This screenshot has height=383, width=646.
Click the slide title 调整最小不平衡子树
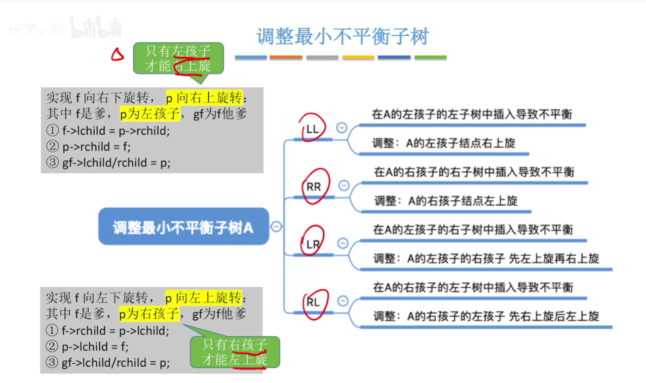[x=343, y=36]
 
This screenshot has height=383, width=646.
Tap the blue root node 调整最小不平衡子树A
[x=183, y=227]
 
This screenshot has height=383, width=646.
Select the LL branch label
[x=313, y=129]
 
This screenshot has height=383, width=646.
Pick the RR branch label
[x=314, y=186]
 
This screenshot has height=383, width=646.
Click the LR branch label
[x=313, y=244]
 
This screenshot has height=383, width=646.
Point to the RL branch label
[x=313, y=302]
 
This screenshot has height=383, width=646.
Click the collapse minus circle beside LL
[x=341, y=128]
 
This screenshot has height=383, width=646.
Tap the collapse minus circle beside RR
[x=344, y=185]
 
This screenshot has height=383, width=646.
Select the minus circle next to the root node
[x=276, y=226]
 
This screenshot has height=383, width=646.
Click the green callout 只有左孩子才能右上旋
[x=178, y=58]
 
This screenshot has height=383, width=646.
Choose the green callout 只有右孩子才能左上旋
[x=235, y=352]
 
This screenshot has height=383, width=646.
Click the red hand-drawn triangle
[x=117, y=54]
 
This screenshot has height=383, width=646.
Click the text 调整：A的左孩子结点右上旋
[x=443, y=143]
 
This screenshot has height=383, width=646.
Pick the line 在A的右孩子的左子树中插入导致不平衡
[x=473, y=288]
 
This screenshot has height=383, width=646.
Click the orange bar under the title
[x=286, y=58]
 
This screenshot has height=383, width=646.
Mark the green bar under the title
[x=430, y=58]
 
